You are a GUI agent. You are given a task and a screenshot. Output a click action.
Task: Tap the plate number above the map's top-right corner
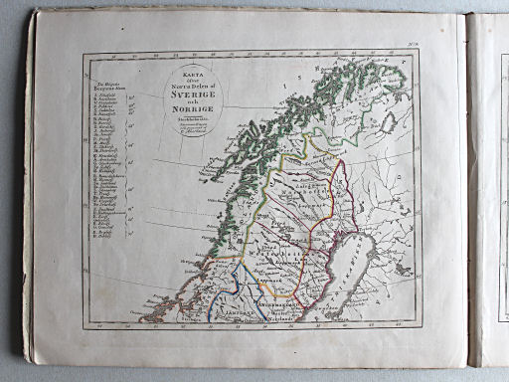441,43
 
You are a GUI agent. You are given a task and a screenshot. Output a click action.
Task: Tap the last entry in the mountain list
116,239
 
